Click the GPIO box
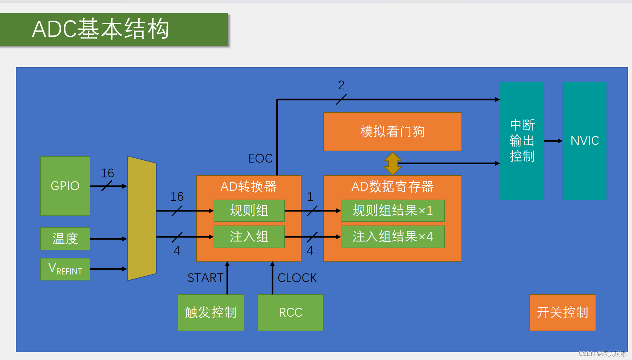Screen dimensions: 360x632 [65, 186]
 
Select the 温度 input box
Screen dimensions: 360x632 [65, 239]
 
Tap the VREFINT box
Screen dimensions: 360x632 [65, 269]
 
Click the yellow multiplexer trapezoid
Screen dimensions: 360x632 [141, 218]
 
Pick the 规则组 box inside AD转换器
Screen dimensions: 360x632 [249, 211]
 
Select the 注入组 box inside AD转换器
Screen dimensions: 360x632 [249, 237]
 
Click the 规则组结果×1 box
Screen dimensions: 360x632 [393, 211]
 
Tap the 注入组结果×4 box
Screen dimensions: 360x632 [393, 237]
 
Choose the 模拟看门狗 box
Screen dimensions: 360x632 [393, 132]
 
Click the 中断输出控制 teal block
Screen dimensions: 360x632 [522, 141]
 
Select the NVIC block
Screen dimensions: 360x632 [584, 141]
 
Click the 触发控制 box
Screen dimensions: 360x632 [211, 312]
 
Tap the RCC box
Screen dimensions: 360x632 [290, 312]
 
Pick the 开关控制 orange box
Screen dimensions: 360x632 [562, 312]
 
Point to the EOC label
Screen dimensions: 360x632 [260, 158]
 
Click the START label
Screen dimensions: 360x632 [205, 278]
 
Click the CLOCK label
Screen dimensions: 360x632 [297, 278]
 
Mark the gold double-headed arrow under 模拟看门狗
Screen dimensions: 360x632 [393, 164]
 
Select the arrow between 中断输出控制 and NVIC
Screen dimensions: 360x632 [553, 141]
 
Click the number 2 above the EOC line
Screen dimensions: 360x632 [341, 85]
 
